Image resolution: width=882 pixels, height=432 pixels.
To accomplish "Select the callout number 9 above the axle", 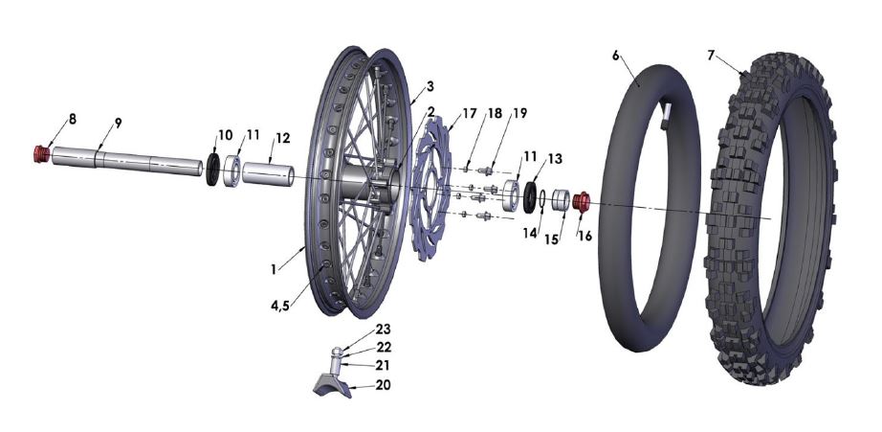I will [118, 123].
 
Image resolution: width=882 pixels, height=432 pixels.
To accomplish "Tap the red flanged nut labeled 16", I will [580, 202].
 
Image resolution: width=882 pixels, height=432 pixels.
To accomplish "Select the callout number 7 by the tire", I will [711, 56].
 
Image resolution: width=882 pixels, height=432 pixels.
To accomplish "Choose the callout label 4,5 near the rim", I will [280, 307].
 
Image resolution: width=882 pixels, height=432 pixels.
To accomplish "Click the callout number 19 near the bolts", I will [519, 113].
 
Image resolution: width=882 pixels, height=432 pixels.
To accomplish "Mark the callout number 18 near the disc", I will [495, 113].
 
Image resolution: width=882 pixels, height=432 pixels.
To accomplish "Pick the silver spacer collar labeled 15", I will [561, 201].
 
